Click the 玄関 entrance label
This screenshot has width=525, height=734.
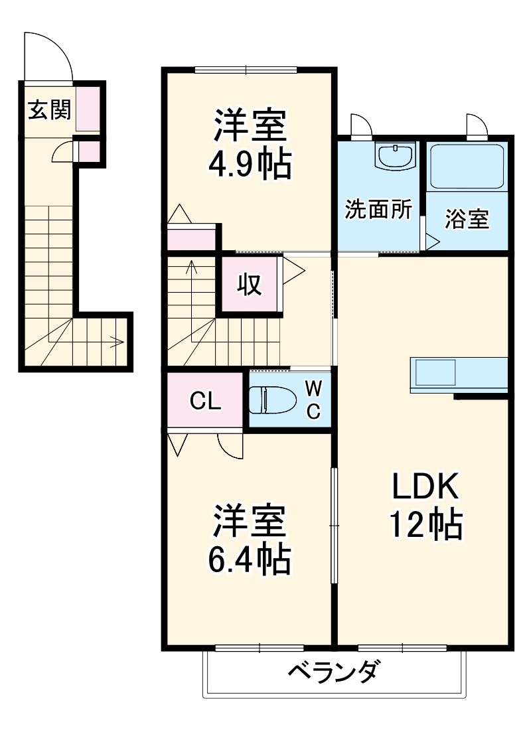coord(48,110)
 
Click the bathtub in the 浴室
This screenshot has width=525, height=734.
coord(467,167)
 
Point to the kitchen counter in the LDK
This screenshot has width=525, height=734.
coord(459,374)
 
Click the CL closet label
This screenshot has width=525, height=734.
coord(206,401)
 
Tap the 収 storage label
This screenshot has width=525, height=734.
coord(250,285)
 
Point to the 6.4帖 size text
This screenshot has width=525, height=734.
coord(248,559)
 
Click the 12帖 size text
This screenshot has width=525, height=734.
coord(425,526)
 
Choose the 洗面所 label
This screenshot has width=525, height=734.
coord(378,210)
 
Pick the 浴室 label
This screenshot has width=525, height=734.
coord(467,220)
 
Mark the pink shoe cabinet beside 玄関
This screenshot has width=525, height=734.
coord(88,109)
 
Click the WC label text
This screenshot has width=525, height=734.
coord(313,400)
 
